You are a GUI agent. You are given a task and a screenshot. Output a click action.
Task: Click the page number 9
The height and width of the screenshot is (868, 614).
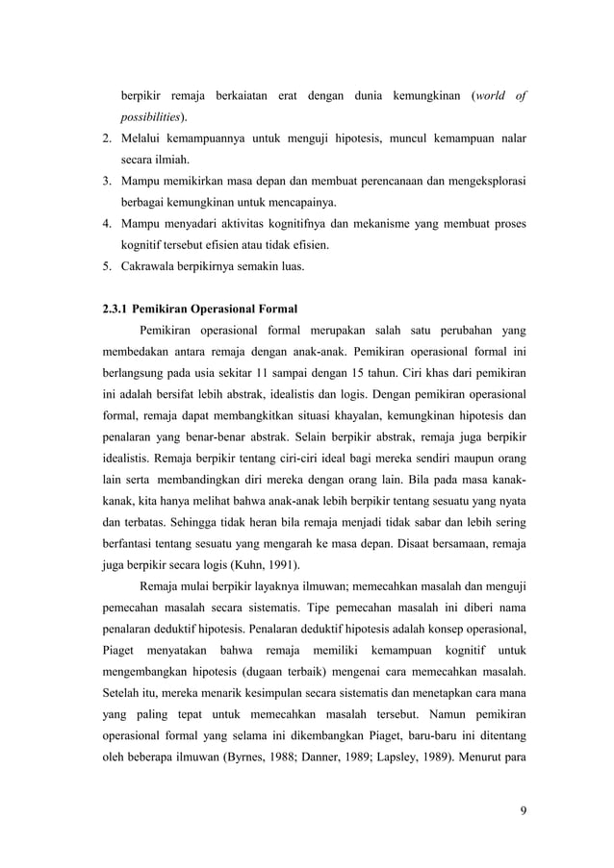pyautogui.click(x=522, y=820)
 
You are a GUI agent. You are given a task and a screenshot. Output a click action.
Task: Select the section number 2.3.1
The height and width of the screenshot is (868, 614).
pyautogui.click(x=119, y=309)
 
